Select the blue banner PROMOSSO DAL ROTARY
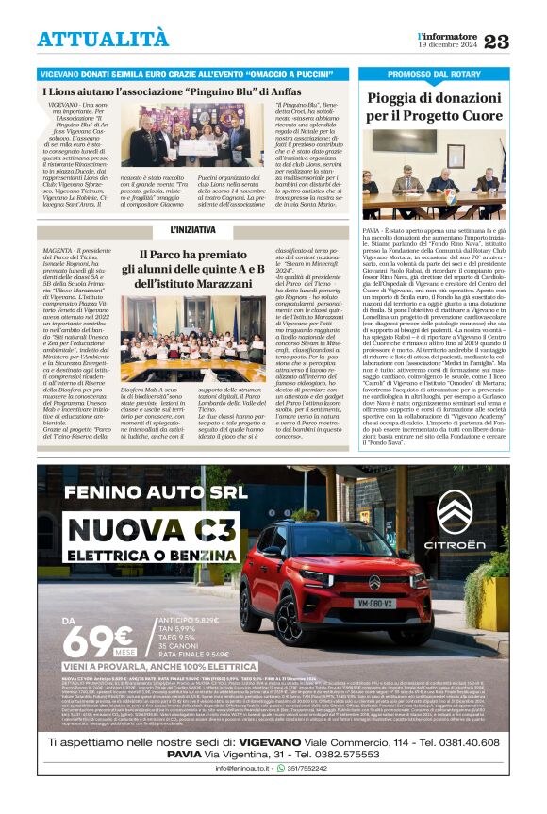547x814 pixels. (435, 74)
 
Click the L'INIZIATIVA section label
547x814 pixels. (192, 230)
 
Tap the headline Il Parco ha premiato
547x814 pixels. (194, 255)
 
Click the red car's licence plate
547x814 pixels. (374, 602)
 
